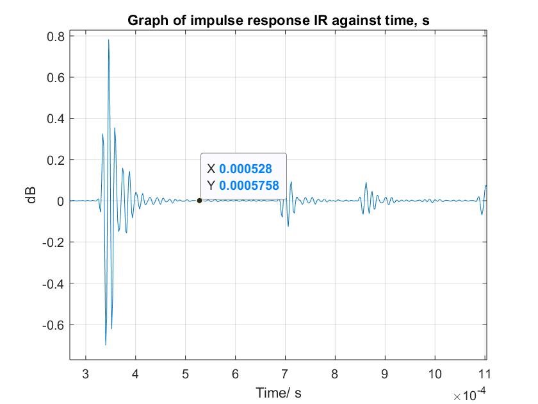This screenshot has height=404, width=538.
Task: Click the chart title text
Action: [x=278, y=20]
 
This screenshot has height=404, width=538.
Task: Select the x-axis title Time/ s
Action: [x=277, y=391]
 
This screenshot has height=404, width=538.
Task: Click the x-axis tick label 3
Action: [x=85, y=373]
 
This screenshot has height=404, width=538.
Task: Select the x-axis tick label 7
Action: [x=285, y=373]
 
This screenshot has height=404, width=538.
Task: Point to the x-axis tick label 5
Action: [x=185, y=373]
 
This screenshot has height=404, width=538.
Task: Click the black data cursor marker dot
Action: [x=199, y=201]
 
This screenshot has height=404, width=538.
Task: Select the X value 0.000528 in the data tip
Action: [x=245, y=169]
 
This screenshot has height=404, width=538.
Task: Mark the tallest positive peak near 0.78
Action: [x=108, y=40]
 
